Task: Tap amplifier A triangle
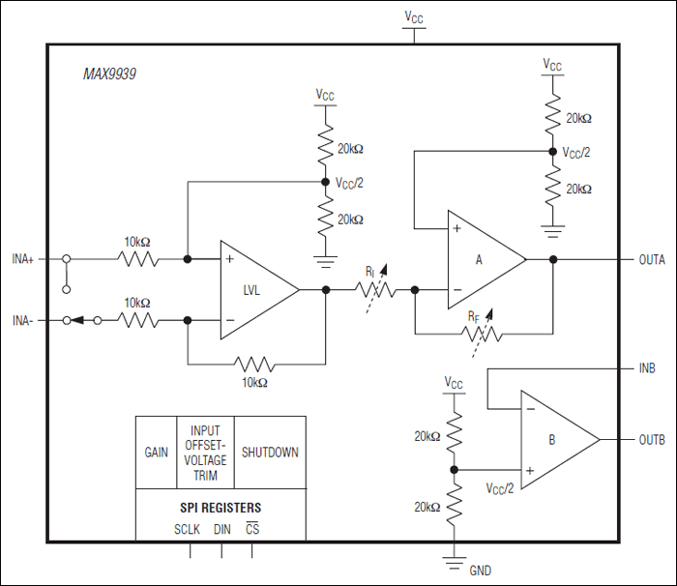483,259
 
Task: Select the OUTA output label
652,259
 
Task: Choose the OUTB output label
652,440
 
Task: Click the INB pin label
648,368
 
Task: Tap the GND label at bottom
480,571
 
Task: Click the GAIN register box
156,453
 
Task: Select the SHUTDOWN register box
270,453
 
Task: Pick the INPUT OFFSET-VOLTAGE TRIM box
204,453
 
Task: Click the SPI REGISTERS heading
220,508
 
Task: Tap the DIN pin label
222,529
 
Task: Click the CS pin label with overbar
252,529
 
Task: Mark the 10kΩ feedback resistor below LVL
253,365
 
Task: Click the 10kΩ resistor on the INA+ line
136,259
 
